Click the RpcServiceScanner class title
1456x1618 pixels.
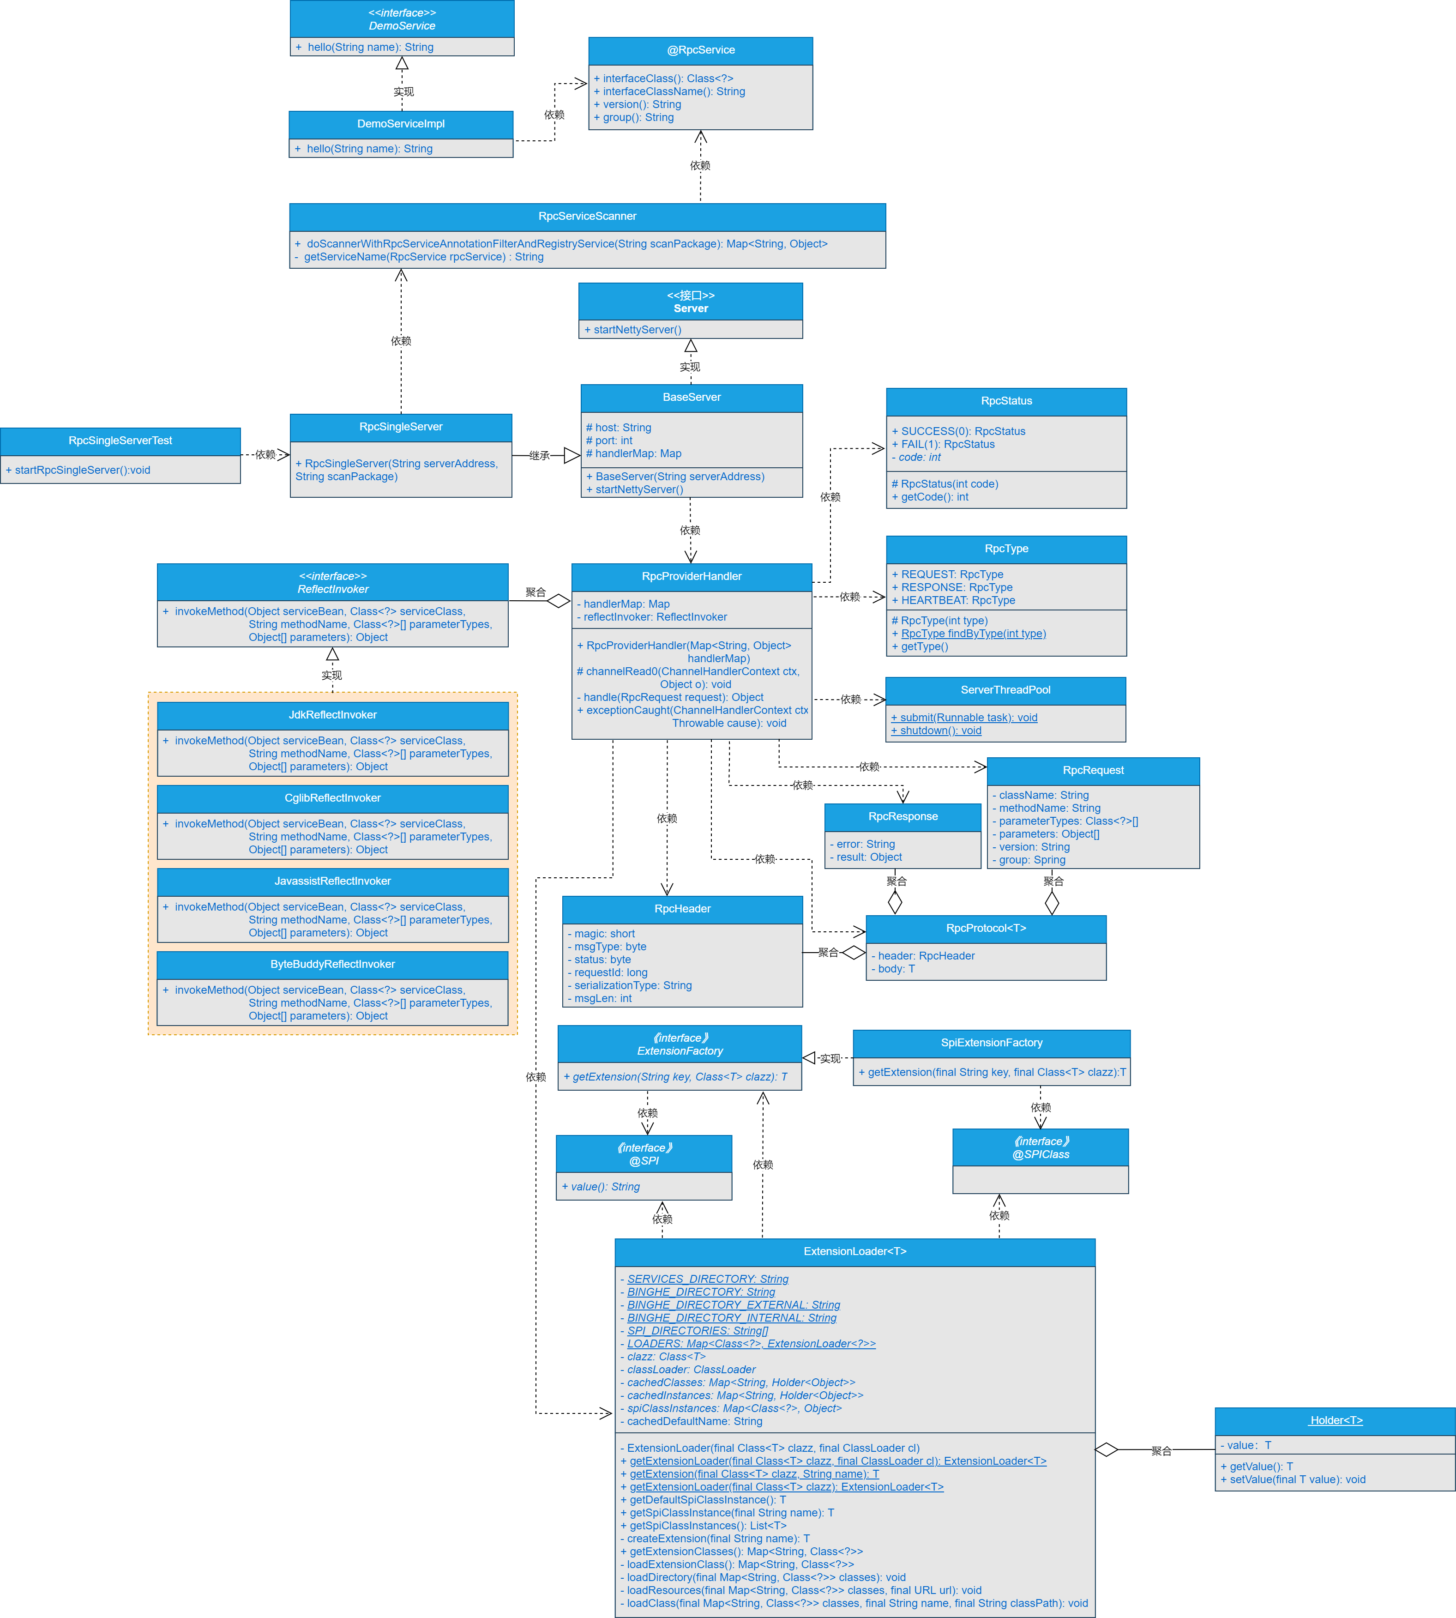pos(587,216)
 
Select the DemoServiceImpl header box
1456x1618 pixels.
pos(401,124)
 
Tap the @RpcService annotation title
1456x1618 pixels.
pos(701,49)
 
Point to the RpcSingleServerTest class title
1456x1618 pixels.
pos(120,441)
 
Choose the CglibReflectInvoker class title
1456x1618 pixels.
pos(333,798)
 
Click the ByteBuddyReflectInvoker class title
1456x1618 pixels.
pos(333,964)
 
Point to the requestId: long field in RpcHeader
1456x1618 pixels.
pos(610,972)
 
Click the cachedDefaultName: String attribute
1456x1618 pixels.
pos(693,1421)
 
